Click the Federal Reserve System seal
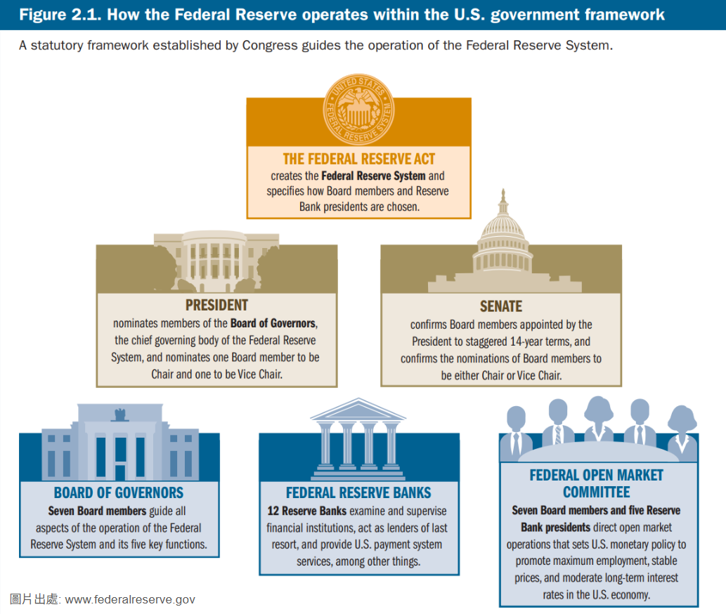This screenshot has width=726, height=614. tap(358, 110)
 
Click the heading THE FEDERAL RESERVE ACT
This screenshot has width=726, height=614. tap(358, 159)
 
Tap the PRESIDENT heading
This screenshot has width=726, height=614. tap(216, 305)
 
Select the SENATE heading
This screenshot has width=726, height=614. tap(500, 306)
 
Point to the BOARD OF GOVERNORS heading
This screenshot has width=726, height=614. tap(119, 492)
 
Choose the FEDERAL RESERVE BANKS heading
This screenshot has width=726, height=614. tap(358, 492)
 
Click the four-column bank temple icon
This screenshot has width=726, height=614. tap(358, 434)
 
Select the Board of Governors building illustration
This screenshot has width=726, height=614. tap(119, 443)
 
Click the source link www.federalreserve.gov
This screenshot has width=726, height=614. tap(130, 599)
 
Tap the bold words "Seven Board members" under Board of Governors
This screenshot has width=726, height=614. tap(97, 511)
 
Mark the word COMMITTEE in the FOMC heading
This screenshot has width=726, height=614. tap(596, 492)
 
